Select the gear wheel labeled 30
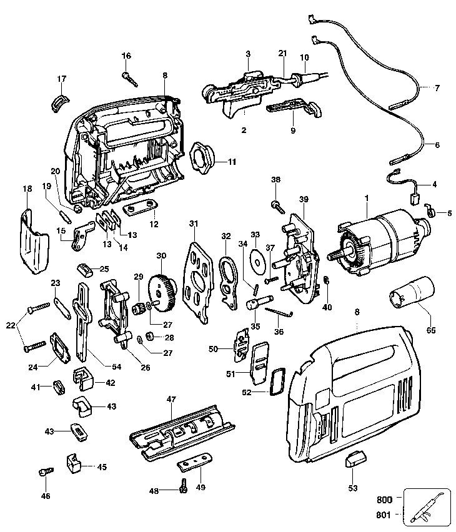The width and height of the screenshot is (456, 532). click(x=164, y=291)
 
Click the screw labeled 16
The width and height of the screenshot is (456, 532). click(x=130, y=79)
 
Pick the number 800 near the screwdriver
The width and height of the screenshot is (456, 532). click(x=385, y=500)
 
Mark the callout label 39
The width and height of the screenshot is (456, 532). click(x=304, y=199)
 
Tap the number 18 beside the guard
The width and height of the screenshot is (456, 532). click(x=27, y=188)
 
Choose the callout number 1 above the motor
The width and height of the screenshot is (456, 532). click(x=367, y=199)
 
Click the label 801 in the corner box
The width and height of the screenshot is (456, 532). click(x=385, y=515)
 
